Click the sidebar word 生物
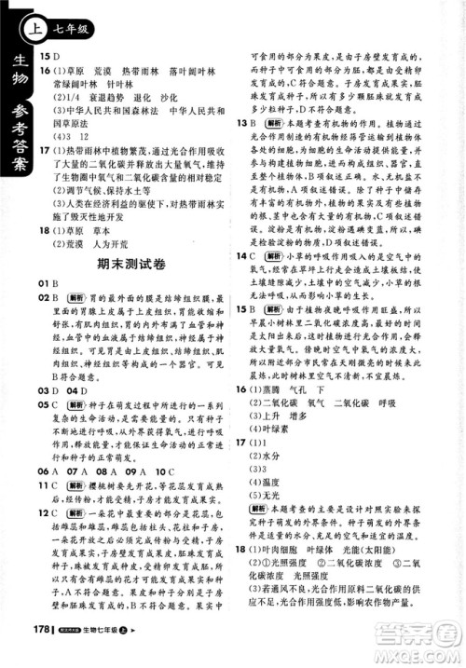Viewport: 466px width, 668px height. (x=19, y=75)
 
